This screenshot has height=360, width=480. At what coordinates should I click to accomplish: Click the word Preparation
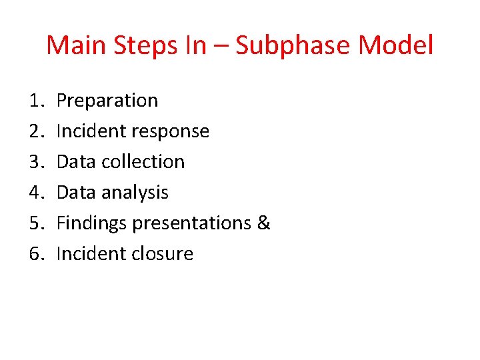pyautogui.click(x=107, y=101)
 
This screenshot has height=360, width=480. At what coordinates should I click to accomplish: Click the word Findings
pyautogui.click(x=91, y=224)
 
